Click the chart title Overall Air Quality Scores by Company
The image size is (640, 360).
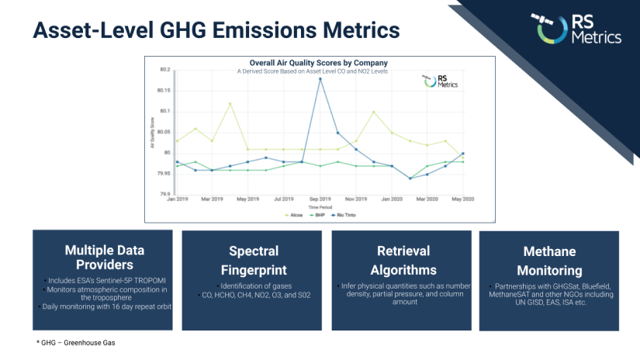tap(318, 63)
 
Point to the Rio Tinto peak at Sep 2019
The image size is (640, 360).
tap(320, 78)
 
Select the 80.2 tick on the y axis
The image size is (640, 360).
tap(164, 70)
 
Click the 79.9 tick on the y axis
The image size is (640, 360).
tap(164, 194)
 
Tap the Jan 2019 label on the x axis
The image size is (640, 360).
tap(178, 200)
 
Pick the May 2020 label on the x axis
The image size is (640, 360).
tap(462, 200)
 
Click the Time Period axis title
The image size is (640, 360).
tap(318, 207)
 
